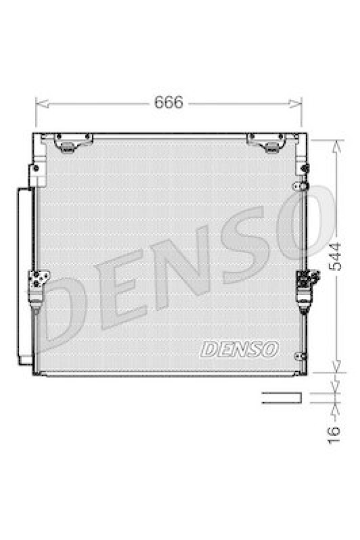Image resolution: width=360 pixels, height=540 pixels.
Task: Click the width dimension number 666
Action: point(169,103)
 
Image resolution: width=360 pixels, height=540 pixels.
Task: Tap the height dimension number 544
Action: point(336,257)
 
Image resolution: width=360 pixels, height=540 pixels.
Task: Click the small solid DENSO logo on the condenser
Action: point(239,349)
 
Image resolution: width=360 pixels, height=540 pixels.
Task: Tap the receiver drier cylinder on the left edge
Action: point(24,277)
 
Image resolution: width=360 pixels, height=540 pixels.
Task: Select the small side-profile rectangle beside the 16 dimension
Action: point(278,398)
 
